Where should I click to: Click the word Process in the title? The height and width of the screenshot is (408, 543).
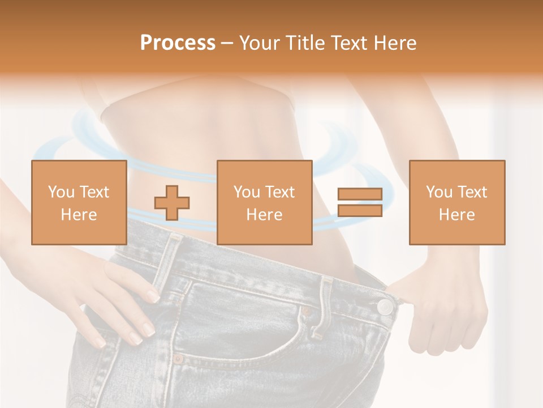coord(178,43)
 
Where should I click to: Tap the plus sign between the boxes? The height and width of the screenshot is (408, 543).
coord(172,203)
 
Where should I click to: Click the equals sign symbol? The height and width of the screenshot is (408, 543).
coord(360,202)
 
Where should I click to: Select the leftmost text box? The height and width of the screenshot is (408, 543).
coord(79,202)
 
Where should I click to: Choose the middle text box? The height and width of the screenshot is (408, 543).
coord(264,202)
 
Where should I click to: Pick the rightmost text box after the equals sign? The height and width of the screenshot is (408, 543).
coord(456,202)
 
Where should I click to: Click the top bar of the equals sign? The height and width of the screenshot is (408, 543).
coord(360,194)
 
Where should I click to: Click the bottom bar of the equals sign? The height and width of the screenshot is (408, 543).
coord(360,210)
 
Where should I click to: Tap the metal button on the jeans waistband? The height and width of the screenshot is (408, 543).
coord(385,307)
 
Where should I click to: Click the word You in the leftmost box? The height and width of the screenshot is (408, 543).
coord(61,192)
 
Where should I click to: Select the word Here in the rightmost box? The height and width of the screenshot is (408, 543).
coord(456,215)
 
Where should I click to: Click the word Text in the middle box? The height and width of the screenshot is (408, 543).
coord(280,192)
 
